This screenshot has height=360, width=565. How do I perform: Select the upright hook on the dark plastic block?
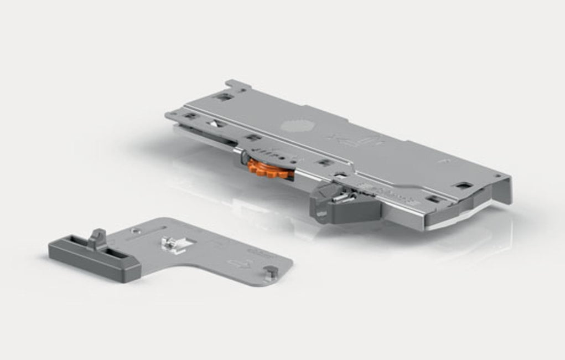pos(97,238)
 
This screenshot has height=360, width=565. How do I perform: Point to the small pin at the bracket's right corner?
pos(271,271)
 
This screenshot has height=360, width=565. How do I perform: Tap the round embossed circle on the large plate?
pos(293,124)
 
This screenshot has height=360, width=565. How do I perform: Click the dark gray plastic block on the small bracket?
pos(94,256)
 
